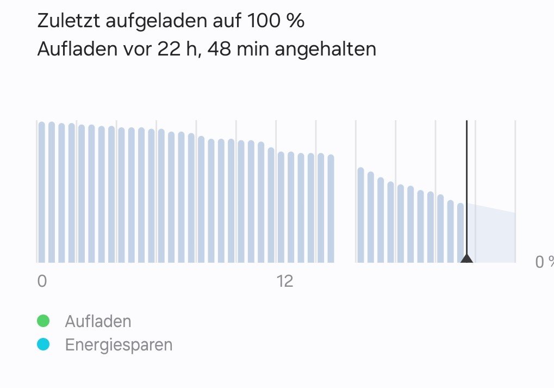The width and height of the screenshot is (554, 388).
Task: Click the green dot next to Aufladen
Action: coord(43,321)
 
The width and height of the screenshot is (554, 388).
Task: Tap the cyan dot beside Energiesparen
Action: coord(43,344)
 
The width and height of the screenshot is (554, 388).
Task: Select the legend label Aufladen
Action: coord(98,321)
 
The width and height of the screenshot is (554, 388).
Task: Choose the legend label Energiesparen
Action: coord(119,344)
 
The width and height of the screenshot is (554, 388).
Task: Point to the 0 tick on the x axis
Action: coord(42,281)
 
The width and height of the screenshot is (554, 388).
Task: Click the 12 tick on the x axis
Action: coord(284,281)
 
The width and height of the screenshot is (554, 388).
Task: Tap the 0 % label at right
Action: coord(544,262)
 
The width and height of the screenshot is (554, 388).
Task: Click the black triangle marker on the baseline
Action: coord(466,258)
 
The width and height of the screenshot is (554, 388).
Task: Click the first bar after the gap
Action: coord(360,215)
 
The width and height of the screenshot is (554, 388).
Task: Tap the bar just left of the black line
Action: coord(460,233)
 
